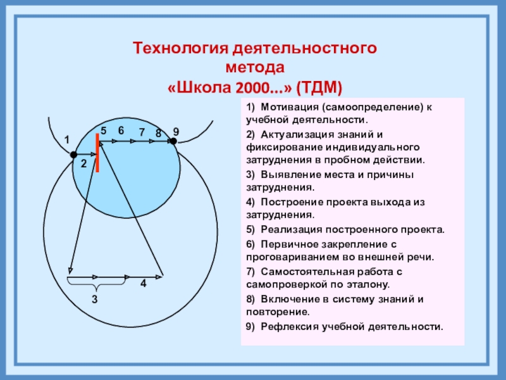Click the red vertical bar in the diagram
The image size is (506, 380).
click(97, 153)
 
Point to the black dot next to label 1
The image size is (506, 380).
click(73, 155)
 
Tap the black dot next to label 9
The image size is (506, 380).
click(172, 142)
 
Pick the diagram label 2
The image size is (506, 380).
click(83, 163)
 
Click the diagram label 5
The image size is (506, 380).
click(103, 130)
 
